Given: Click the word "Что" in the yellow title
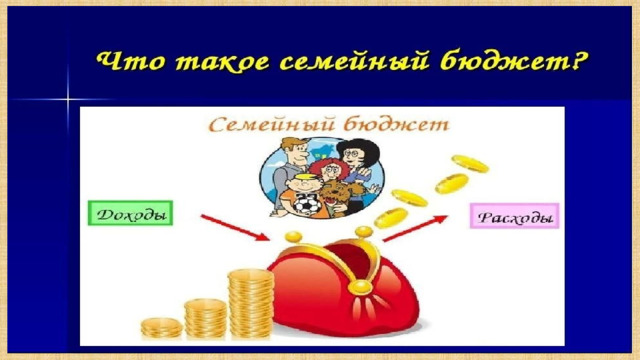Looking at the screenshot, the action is click(131, 62).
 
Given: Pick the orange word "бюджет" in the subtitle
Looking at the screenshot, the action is click(396, 124).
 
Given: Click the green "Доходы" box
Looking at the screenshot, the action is click(131, 213).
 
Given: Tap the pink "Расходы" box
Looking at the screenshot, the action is click(514, 216).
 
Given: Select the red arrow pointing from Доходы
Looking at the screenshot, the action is click(235, 227).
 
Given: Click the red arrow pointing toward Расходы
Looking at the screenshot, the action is click(415, 228).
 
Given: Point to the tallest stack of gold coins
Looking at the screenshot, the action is click(251, 304).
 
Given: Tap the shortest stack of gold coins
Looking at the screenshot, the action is click(162, 328).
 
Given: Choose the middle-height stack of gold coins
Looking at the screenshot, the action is click(205, 319).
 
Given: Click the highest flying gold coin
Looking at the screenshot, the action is click(470, 163).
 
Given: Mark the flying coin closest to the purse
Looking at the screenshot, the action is click(391, 218).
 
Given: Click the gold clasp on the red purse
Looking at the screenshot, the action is click(359, 287).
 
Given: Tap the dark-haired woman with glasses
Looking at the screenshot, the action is click(358, 163).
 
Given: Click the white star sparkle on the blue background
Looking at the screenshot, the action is click(68, 99).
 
